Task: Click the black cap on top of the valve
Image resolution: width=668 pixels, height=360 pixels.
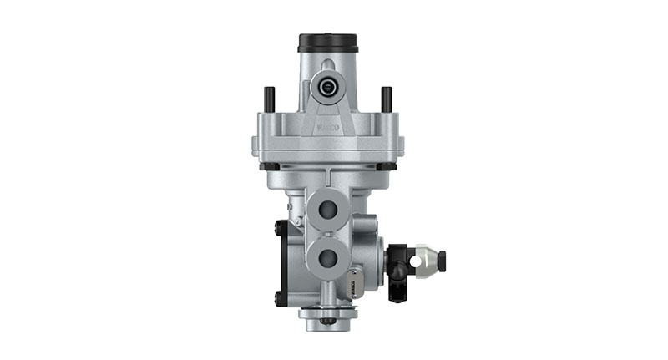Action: point(327,43)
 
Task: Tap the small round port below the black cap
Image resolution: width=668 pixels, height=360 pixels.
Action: point(327,86)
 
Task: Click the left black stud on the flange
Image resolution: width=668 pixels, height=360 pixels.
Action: point(269,99)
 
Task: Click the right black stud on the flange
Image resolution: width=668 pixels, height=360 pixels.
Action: point(386,99)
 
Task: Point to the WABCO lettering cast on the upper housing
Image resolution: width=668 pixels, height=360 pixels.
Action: point(327,129)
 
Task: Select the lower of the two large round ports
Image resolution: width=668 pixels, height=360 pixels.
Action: point(327,256)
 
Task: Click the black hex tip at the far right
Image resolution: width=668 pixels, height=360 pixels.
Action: point(442,258)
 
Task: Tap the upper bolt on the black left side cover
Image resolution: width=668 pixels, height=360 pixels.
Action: point(278,226)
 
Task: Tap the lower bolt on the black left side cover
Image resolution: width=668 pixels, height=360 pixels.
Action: point(278,297)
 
